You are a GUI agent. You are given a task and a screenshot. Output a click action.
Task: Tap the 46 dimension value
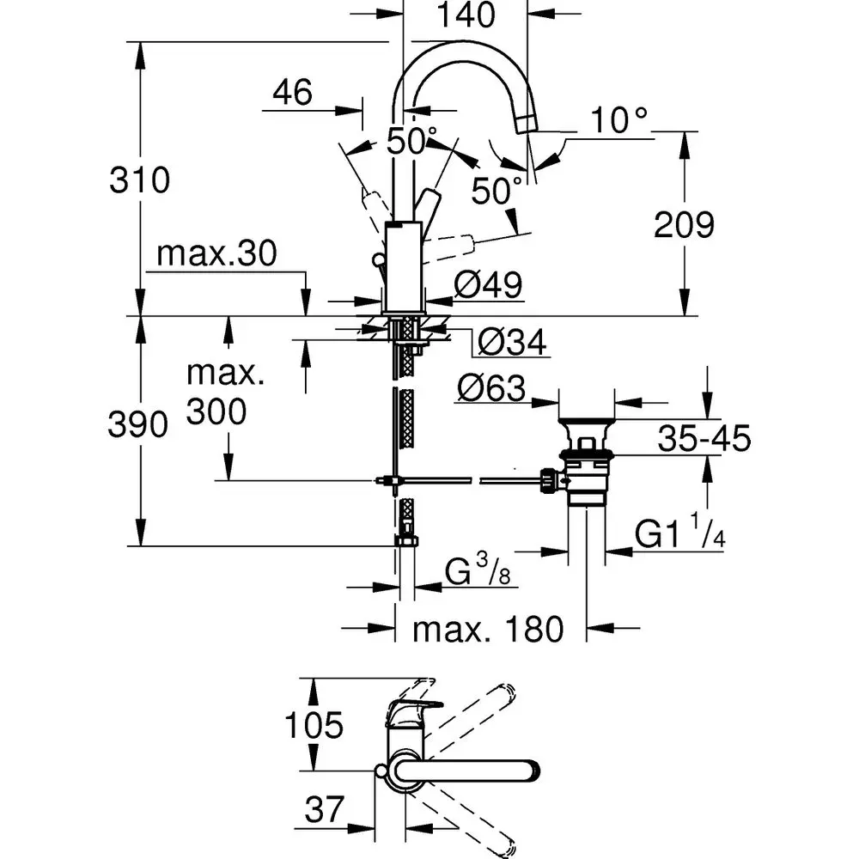click(x=292, y=92)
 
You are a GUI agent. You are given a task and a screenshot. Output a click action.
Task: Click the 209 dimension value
click(x=684, y=225)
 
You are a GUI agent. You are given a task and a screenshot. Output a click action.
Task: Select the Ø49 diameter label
click(x=488, y=285)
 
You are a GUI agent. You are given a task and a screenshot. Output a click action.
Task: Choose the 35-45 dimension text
click(x=704, y=439)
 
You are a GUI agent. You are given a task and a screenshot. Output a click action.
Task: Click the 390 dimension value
click(x=137, y=425)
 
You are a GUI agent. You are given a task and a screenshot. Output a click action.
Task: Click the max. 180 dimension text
click(x=488, y=630)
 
